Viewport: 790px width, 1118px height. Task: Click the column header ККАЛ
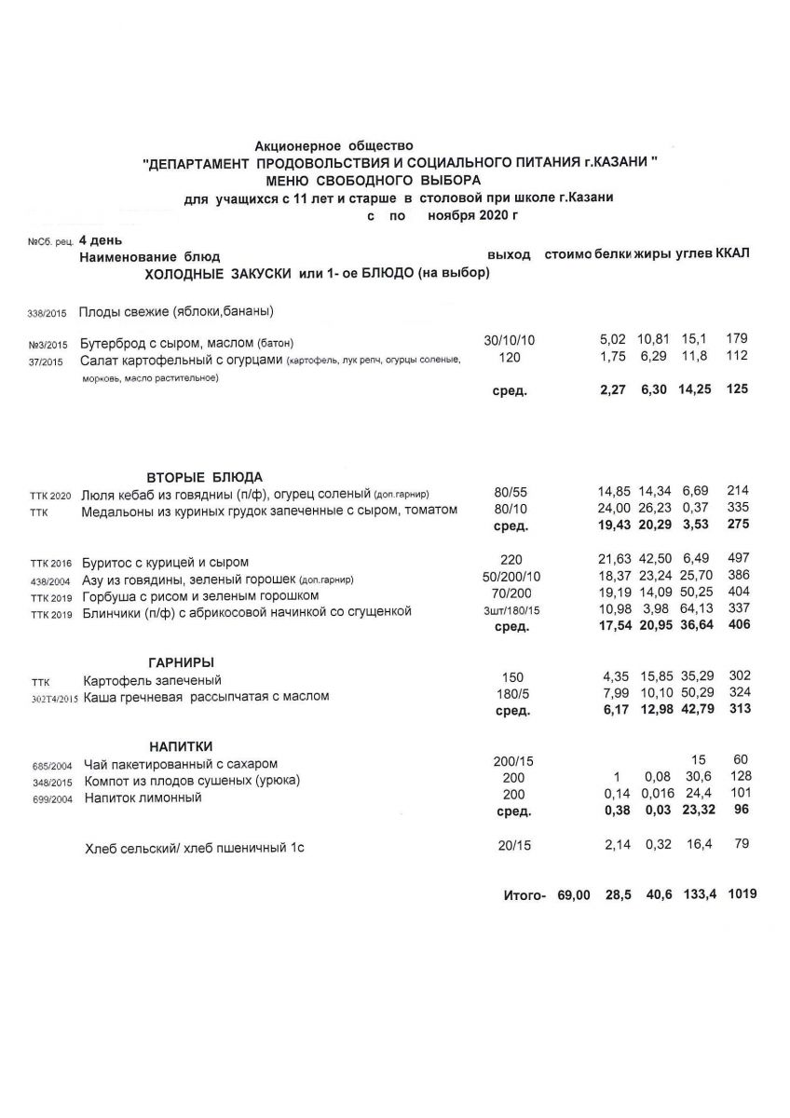tap(732, 253)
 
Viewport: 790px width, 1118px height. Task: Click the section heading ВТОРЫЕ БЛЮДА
tap(205, 476)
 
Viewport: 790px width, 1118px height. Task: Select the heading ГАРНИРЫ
tap(184, 661)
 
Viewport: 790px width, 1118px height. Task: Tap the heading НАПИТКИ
tap(182, 745)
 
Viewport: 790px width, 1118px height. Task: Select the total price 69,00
tap(573, 894)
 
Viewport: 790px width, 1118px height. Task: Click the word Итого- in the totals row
tap(524, 895)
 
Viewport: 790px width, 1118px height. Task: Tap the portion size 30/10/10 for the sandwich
tap(511, 340)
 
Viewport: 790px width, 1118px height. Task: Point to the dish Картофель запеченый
tap(153, 680)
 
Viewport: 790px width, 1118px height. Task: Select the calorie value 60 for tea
tap(741, 760)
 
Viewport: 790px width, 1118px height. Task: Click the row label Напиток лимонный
tap(143, 798)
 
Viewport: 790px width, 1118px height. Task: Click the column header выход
tap(509, 254)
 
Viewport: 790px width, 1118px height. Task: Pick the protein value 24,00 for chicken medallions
tap(614, 508)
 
